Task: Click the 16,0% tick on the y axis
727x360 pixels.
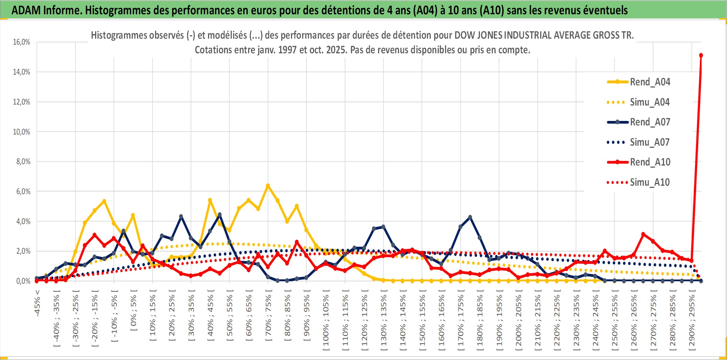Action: (x=22, y=42)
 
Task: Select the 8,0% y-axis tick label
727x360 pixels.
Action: (x=23, y=162)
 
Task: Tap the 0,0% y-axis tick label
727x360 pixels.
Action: (x=23, y=281)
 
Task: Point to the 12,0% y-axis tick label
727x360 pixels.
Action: (x=22, y=102)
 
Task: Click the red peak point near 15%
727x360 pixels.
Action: (x=701, y=55)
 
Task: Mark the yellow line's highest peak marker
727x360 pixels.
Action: (x=268, y=186)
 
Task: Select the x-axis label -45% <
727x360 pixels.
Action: (x=37, y=303)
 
